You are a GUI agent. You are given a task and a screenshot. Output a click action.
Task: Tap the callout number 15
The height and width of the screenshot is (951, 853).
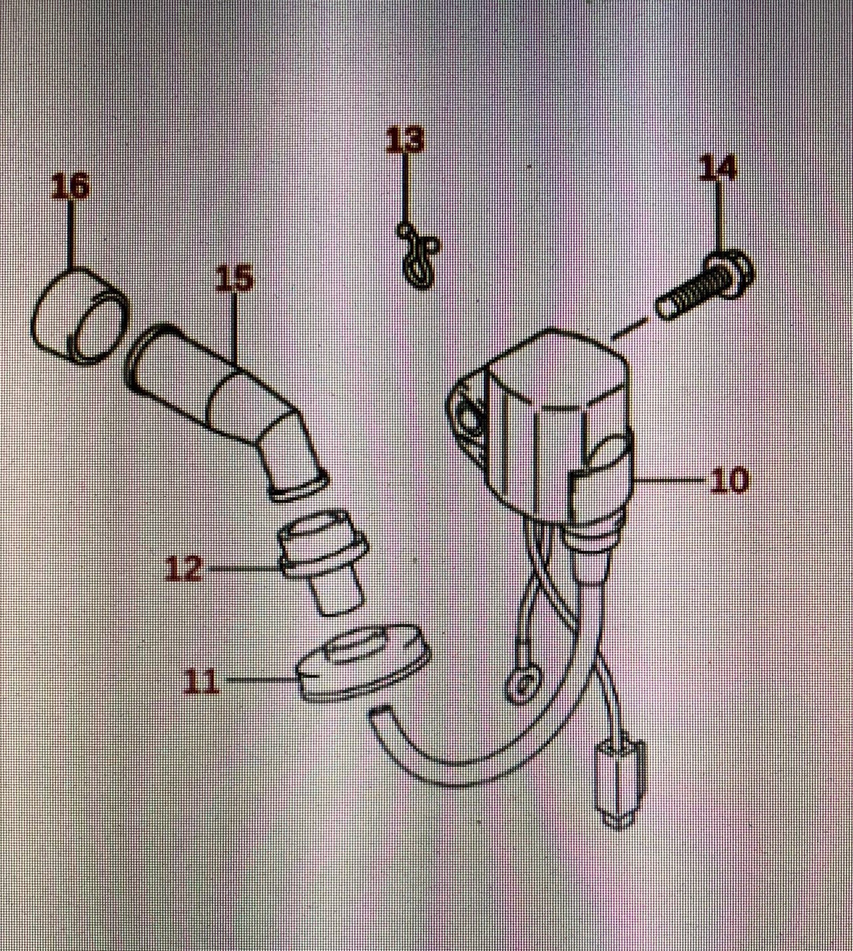(234, 279)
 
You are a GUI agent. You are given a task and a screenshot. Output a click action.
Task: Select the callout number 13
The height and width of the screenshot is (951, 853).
(405, 140)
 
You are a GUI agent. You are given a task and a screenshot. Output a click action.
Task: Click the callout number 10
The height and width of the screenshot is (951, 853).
(729, 479)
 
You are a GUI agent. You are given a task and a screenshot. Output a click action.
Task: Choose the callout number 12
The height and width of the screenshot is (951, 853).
(184, 569)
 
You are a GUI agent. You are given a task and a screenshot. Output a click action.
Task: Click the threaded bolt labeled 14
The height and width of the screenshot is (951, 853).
(699, 287)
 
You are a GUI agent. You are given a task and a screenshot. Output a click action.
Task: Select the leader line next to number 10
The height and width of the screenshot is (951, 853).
(672, 479)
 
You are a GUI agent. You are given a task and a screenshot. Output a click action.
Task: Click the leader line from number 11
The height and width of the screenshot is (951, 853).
(259, 680)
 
